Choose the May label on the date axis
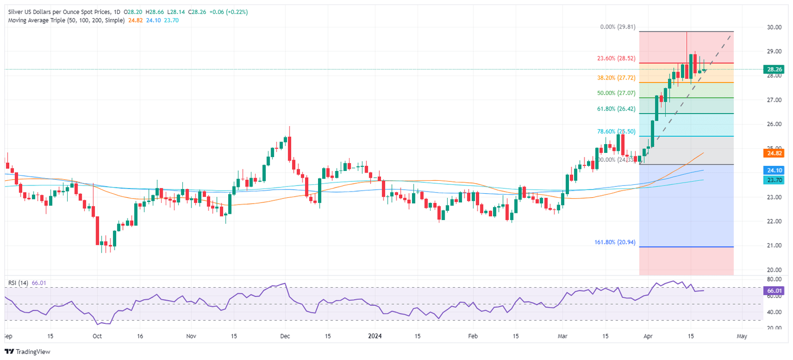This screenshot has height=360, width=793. (742, 336)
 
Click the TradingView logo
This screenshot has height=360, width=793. (26, 352)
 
